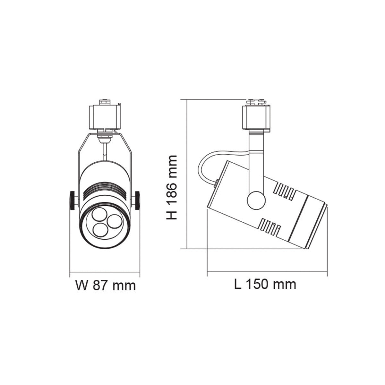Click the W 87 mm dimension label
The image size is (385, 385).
(106, 285)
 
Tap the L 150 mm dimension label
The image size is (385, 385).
(265, 284)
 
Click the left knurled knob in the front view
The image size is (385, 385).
(73, 201)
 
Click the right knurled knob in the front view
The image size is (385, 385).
(138, 201)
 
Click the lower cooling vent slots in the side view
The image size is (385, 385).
(270, 227)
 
